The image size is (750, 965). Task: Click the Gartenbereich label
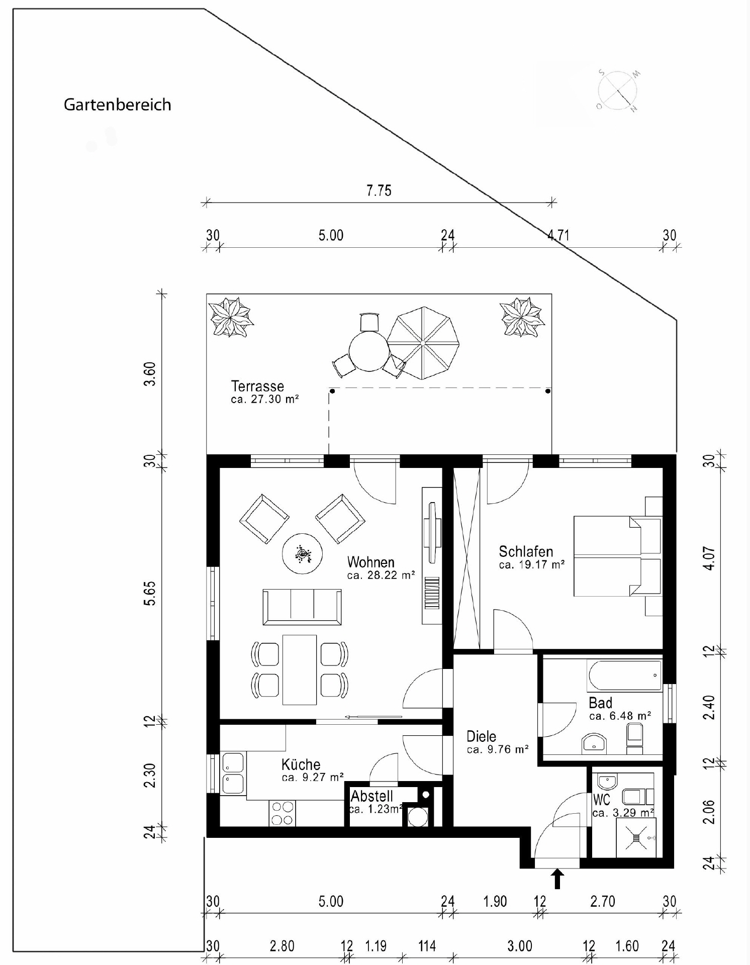(x=117, y=105)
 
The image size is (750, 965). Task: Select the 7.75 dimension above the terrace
(x=379, y=191)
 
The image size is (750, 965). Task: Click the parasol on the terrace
(x=423, y=343)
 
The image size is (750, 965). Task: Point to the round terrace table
(x=369, y=350)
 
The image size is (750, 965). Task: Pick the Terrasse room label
(x=258, y=386)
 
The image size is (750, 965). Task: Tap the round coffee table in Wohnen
(x=302, y=554)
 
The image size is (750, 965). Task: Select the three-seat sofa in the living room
(x=302, y=607)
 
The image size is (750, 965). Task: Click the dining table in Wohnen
(x=300, y=669)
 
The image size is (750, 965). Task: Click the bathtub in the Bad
(x=625, y=675)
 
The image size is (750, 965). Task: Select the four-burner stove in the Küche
(x=282, y=813)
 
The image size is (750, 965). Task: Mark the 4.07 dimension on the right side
(x=709, y=558)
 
